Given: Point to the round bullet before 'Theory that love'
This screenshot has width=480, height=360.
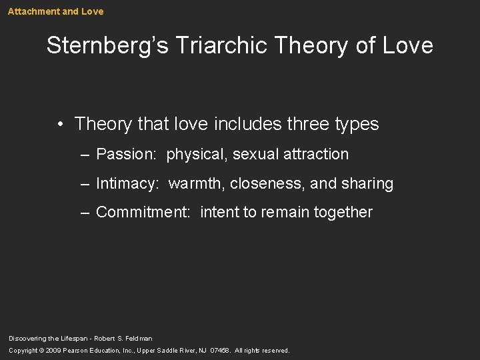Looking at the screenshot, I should click(x=60, y=125).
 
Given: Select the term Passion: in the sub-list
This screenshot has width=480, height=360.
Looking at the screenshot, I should click(x=126, y=154).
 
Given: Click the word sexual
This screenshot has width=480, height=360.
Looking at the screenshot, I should click(x=256, y=154).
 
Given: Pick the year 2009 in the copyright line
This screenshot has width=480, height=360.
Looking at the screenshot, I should click(x=53, y=351).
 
